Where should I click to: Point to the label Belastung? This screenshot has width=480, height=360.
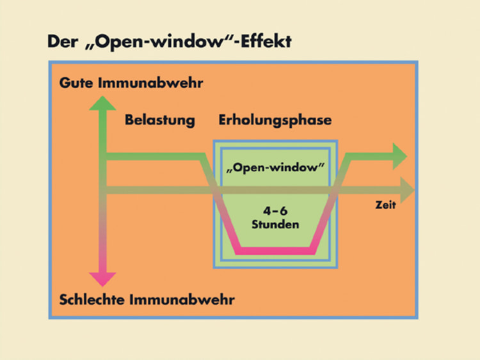(159, 120)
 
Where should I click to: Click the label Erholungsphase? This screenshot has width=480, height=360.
(275, 120)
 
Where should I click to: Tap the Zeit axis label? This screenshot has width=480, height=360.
(386, 205)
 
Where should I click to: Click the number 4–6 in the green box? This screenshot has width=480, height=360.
(275, 212)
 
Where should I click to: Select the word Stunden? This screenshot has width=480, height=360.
(275, 224)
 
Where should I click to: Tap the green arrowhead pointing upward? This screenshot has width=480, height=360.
(102, 103)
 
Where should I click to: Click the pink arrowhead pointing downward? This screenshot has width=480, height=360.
(102, 279)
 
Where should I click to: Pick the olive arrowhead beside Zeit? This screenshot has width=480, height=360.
(406, 188)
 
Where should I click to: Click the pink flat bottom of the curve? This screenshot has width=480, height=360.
(275, 250)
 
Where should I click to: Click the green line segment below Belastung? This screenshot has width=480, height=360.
(154, 157)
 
